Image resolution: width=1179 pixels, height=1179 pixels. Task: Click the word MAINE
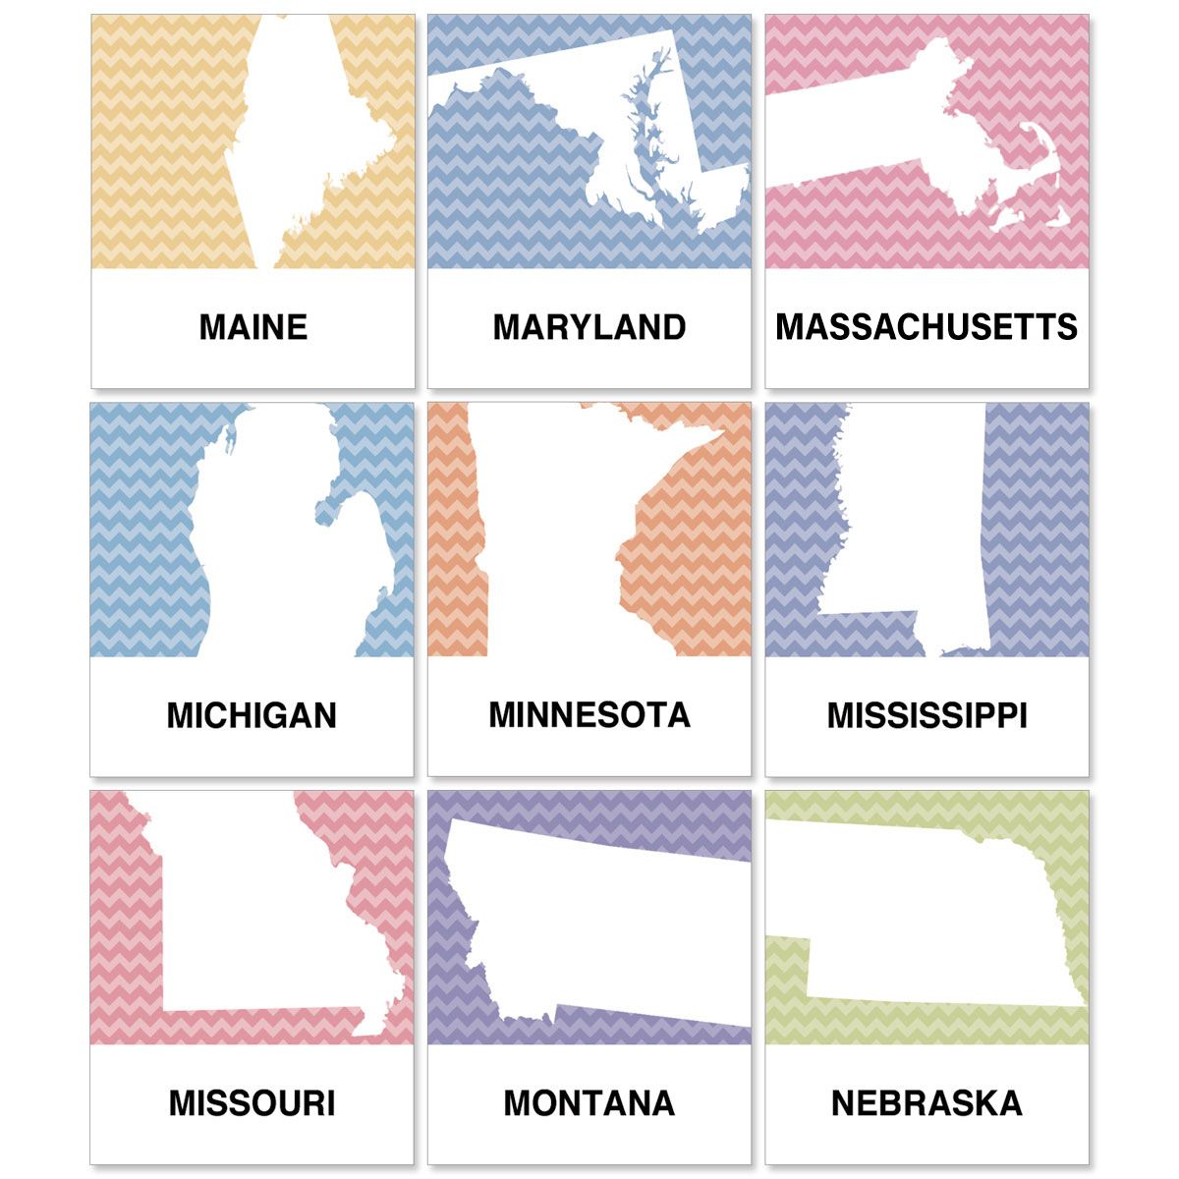(x=253, y=327)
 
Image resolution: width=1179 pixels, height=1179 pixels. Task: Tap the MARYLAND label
(x=589, y=327)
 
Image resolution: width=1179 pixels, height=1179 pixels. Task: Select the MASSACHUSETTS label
(x=926, y=327)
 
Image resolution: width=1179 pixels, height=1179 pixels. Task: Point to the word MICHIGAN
(x=252, y=715)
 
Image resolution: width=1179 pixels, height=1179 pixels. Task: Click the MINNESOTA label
(x=589, y=715)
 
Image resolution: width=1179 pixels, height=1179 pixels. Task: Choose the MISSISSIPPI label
(x=926, y=715)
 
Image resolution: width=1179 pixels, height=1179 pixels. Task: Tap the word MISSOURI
(x=252, y=1102)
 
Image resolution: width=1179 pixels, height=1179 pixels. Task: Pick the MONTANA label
(x=589, y=1102)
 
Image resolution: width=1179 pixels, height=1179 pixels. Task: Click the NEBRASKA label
(x=926, y=1102)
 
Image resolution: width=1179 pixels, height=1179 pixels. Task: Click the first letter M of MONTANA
(x=518, y=1102)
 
